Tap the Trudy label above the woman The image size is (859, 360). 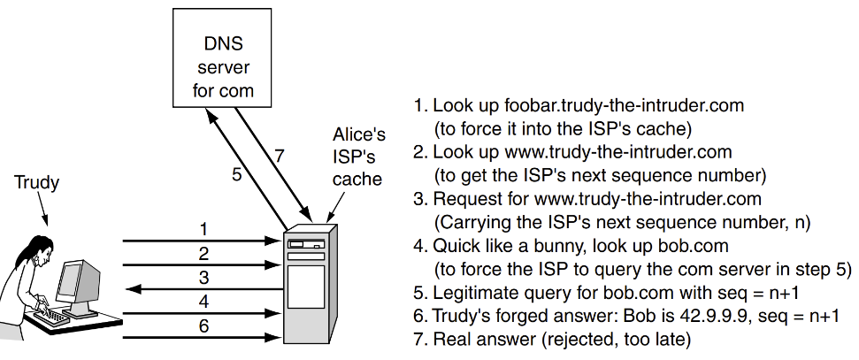click(x=36, y=183)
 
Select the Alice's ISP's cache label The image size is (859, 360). click(x=358, y=157)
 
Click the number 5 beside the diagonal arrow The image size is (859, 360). click(x=236, y=174)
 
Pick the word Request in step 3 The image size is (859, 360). click(x=462, y=199)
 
